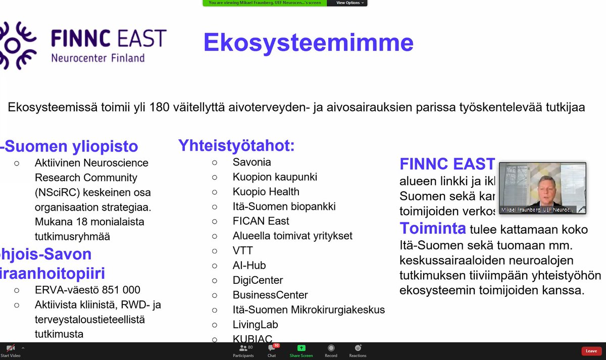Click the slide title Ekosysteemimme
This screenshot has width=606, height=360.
point(308,43)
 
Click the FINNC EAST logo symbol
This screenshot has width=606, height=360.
point(18,45)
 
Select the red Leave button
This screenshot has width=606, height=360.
point(591,351)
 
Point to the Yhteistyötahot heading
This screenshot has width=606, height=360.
point(236,146)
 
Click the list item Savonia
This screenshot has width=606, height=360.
point(251,162)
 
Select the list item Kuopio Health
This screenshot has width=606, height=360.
point(266,192)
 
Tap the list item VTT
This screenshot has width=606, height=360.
point(242,250)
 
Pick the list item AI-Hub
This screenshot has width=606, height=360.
point(249,265)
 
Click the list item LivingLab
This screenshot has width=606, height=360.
point(255,325)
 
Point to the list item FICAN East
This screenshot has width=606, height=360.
point(261,221)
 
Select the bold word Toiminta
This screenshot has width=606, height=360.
point(433,229)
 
